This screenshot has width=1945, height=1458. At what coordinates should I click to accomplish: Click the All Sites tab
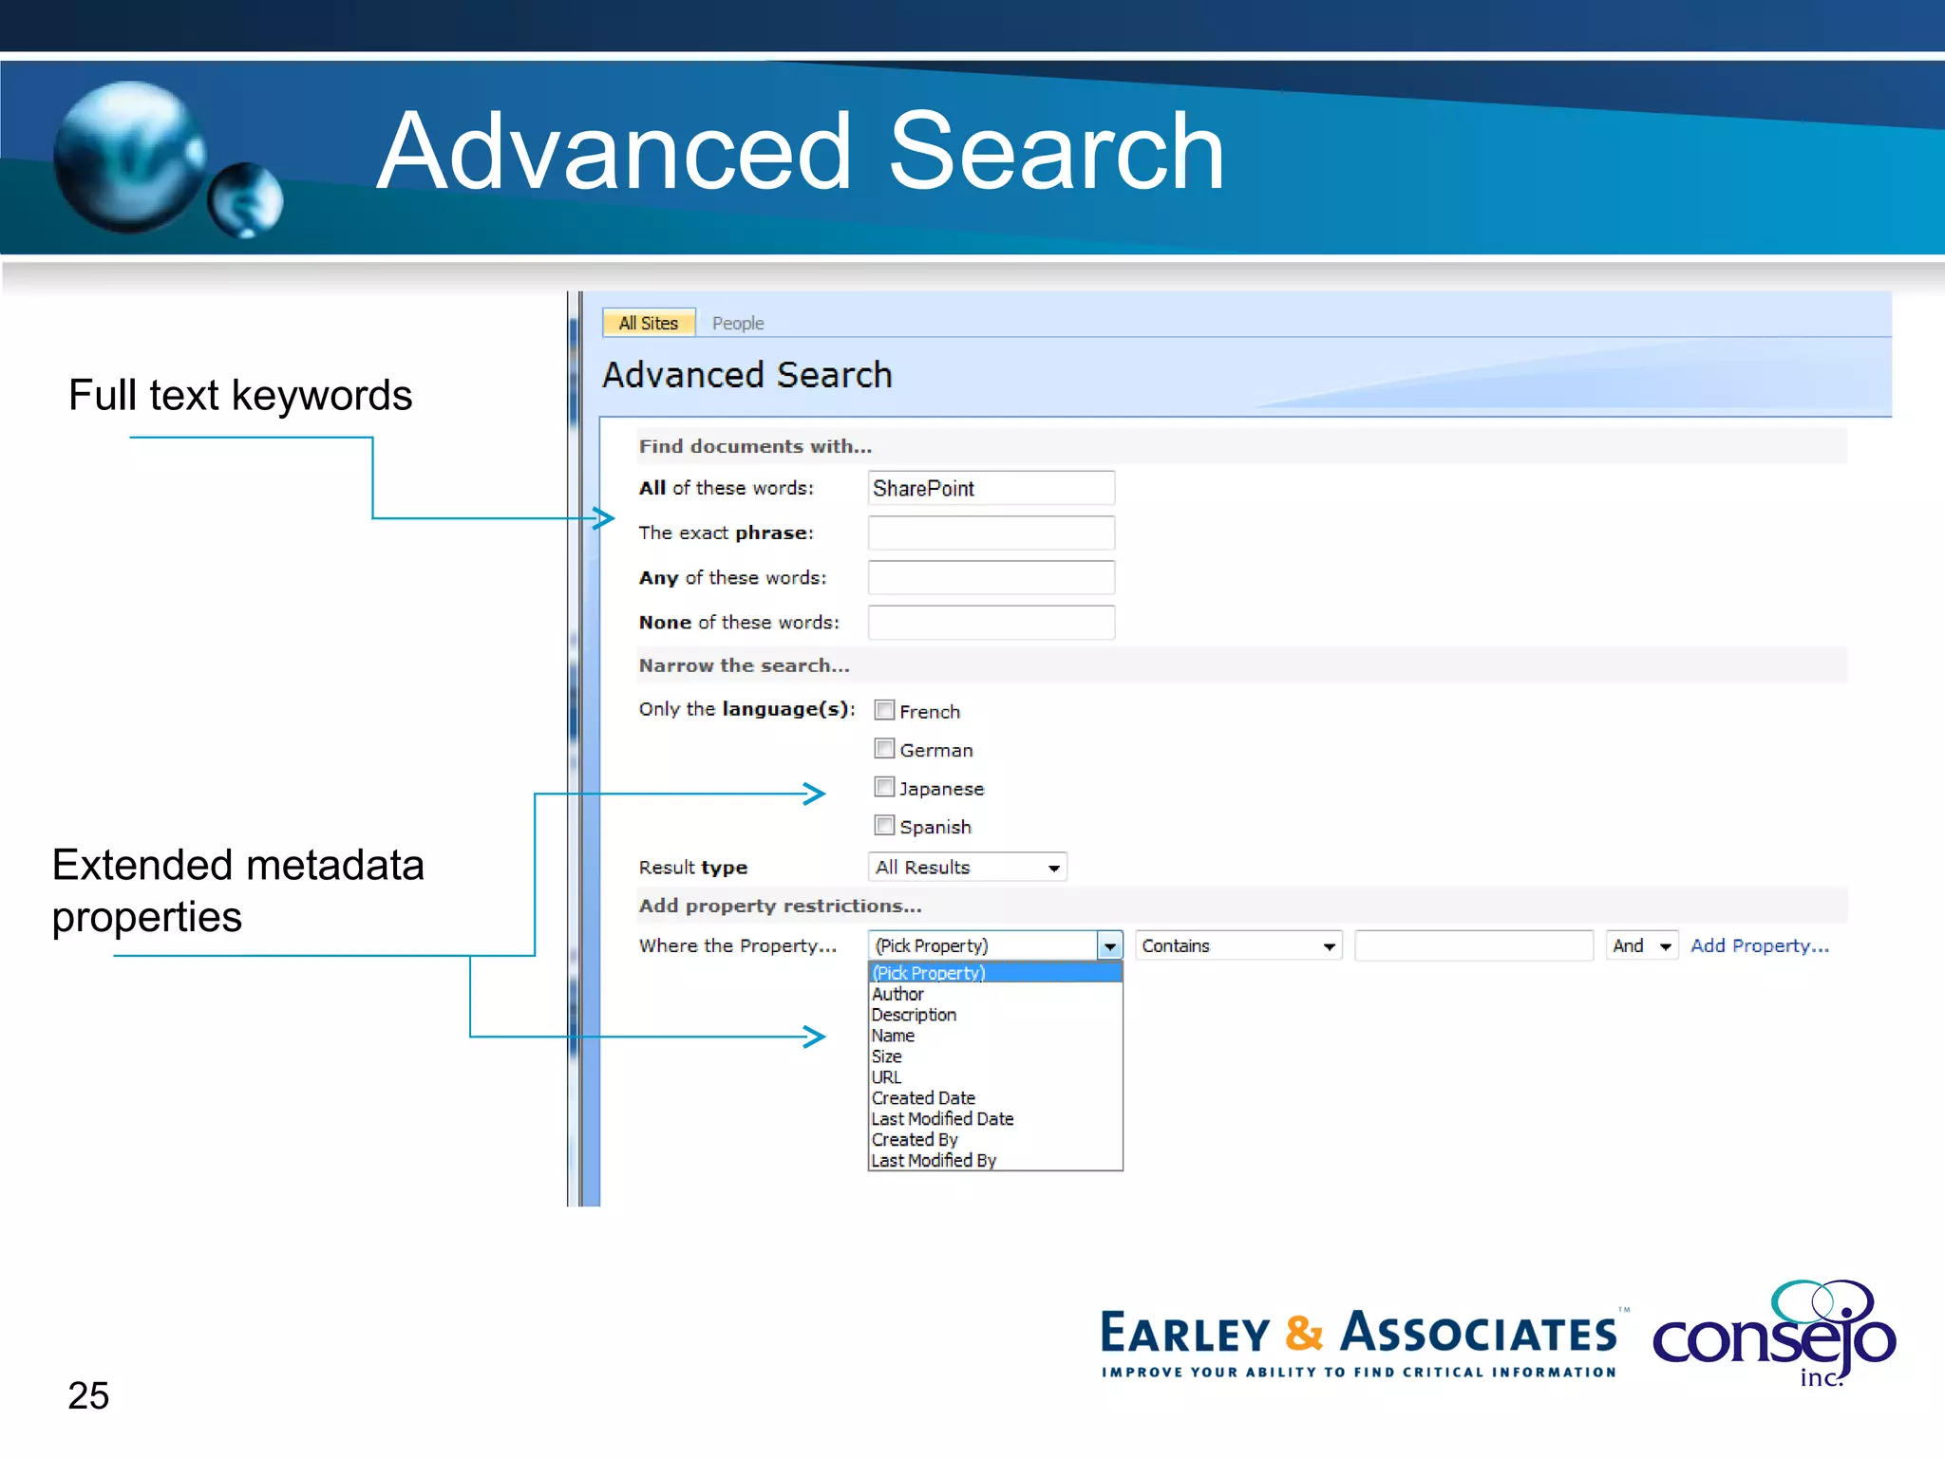tap(649, 323)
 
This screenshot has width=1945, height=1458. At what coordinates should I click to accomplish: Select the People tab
tap(738, 323)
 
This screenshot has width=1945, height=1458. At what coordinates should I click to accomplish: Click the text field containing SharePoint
tap(991, 488)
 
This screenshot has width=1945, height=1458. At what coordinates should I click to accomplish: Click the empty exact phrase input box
tap(991, 533)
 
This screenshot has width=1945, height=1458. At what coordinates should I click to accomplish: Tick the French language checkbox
tap(884, 710)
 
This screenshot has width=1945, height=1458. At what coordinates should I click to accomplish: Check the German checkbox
tap(884, 749)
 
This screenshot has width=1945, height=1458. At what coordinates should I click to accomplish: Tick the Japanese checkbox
tap(884, 787)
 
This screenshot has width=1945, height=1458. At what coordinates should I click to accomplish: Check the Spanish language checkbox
tap(884, 826)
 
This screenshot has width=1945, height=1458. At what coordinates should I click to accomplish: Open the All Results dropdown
tap(967, 867)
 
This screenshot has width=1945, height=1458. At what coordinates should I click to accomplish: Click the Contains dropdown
tap(1237, 945)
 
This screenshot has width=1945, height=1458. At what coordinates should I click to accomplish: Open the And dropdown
tap(1641, 945)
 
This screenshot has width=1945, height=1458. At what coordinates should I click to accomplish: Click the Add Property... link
tap(1759, 945)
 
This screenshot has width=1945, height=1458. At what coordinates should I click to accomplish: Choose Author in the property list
tap(897, 994)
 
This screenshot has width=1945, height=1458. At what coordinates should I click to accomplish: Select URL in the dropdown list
tap(886, 1077)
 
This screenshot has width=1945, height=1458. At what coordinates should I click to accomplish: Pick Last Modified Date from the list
tap(942, 1119)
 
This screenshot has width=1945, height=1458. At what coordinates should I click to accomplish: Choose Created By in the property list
tap(915, 1140)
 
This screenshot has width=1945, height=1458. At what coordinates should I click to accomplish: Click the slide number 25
tap(88, 1395)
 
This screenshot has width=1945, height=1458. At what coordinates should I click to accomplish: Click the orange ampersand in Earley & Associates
tap(1304, 1333)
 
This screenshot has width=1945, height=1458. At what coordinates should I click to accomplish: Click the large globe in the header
tap(127, 157)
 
